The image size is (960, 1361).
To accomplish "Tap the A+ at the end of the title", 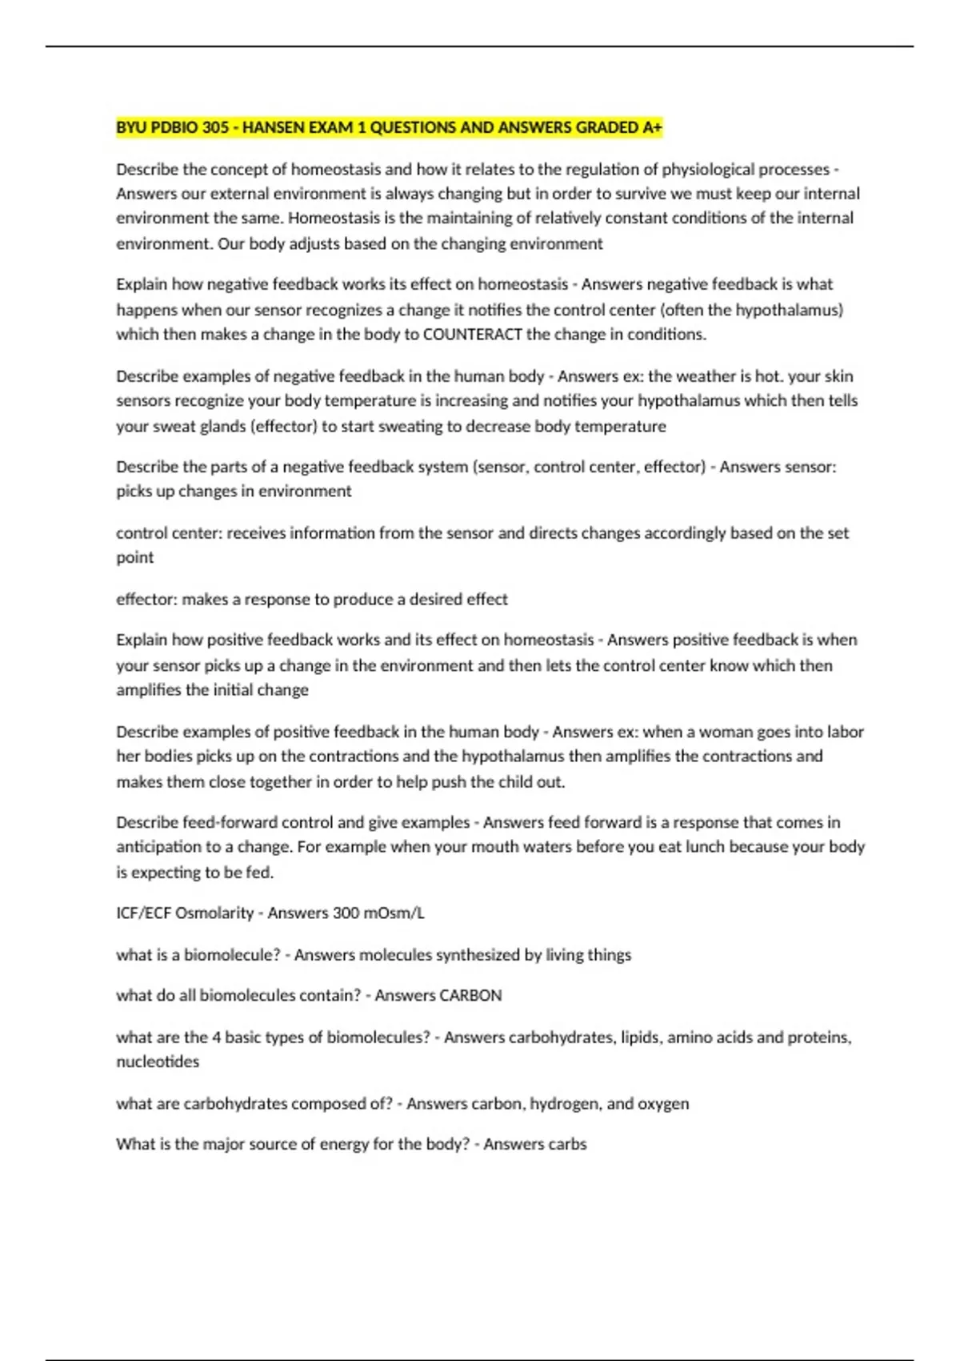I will [652, 127].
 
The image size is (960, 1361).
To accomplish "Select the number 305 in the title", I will [215, 127].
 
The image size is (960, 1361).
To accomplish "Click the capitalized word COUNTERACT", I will [472, 335].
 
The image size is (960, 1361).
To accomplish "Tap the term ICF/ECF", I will [142, 913].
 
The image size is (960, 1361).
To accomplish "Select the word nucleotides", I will [158, 1062].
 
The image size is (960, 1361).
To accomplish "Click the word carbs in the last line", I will [566, 1144].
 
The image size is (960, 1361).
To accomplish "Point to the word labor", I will [846, 732].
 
